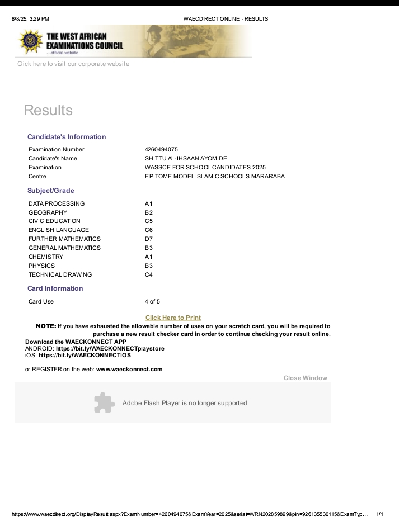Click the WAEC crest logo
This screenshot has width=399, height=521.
click(x=31, y=41)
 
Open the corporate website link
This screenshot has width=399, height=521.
click(x=73, y=64)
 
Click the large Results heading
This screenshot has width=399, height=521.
click(x=48, y=110)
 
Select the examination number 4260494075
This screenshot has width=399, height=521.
click(x=161, y=149)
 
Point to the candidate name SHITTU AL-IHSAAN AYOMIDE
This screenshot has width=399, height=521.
click(x=186, y=158)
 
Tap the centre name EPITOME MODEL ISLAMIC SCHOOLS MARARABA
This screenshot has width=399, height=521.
click(x=214, y=176)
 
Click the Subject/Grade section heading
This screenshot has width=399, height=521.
click(x=51, y=191)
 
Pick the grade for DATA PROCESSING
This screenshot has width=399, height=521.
click(x=149, y=203)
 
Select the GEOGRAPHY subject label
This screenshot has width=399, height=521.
click(x=48, y=212)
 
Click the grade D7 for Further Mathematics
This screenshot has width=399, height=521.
click(x=149, y=239)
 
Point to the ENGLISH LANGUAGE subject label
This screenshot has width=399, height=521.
click(x=59, y=230)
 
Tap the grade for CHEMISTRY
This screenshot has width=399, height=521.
click(x=149, y=257)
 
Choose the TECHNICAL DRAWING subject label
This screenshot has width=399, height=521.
click(x=60, y=274)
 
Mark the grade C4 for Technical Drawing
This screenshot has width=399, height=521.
click(x=149, y=274)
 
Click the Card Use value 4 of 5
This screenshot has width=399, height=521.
click(x=152, y=301)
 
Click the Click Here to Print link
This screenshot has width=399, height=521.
click(x=173, y=318)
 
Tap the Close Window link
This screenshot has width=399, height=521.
click(x=305, y=378)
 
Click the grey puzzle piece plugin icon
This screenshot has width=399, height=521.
click(x=104, y=402)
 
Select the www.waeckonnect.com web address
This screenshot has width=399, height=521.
click(x=129, y=369)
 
